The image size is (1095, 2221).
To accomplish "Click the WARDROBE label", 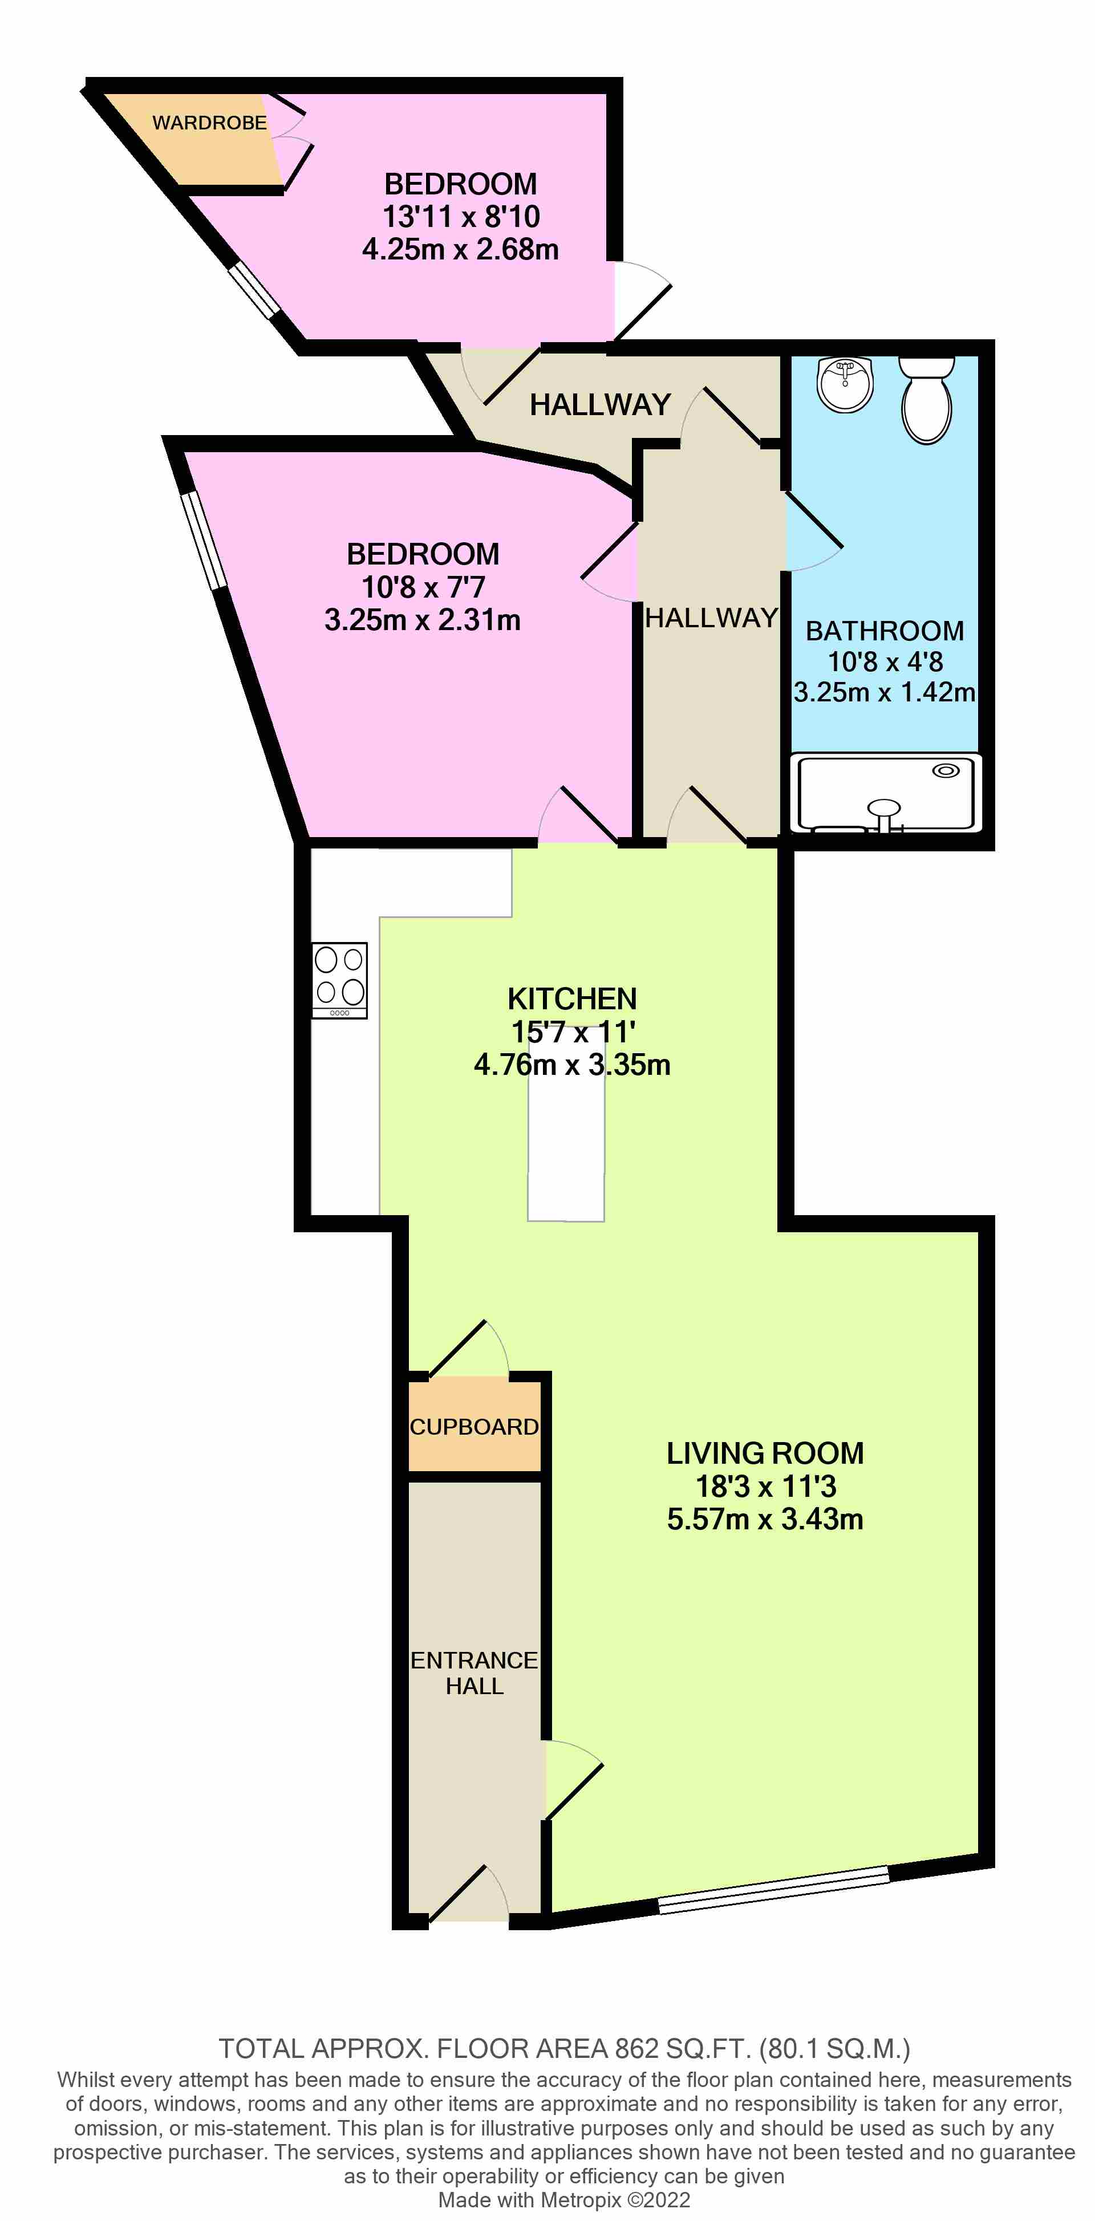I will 209,123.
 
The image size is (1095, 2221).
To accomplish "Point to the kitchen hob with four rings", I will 340,980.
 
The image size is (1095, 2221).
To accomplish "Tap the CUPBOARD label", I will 474,1427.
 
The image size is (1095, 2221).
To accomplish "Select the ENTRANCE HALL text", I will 474,1674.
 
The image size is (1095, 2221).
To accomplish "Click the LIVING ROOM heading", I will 765,1453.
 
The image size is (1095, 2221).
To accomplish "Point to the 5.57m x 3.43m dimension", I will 765,1519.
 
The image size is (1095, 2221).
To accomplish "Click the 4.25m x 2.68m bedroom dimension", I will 460,250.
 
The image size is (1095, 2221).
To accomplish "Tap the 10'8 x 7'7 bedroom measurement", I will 423,587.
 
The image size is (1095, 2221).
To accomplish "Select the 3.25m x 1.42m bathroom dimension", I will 885,692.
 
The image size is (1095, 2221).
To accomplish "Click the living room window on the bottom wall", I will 773,1889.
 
